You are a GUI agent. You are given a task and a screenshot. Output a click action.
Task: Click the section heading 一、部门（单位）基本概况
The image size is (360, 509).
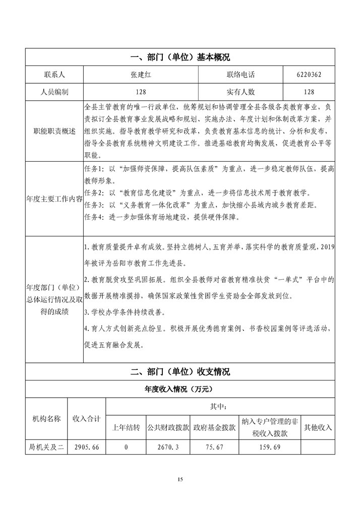(180, 57)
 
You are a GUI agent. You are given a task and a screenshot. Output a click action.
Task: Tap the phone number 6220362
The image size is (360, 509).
(310, 75)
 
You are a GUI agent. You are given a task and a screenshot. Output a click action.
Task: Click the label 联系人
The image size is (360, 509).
(54, 75)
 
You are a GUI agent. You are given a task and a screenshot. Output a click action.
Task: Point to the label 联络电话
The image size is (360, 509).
(241, 75)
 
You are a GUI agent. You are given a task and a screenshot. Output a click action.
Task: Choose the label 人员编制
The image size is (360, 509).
(54, 92)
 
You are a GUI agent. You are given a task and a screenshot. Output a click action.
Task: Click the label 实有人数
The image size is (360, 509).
(241, 92)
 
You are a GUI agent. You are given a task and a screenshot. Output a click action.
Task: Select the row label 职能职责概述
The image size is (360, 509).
(54, 131)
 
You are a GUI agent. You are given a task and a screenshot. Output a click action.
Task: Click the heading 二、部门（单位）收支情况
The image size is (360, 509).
(180, 372)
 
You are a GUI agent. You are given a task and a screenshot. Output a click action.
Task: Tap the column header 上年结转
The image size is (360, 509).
(126, 427)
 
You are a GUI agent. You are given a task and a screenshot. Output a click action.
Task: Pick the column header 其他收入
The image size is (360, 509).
(318, 427)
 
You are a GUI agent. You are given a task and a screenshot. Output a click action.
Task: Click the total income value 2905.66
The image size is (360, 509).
(87, 447)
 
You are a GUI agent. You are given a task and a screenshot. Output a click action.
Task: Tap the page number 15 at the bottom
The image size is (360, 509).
(180, 478)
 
